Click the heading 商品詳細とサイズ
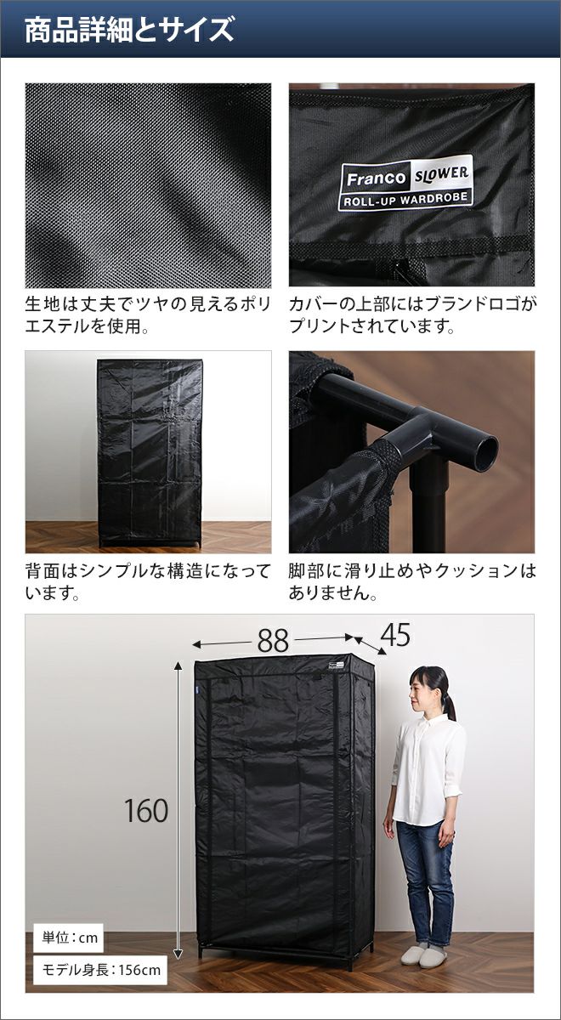coord(129,30)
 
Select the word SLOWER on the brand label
coord(441,173)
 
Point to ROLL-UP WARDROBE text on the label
coord(405,199)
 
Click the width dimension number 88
coord(273,641)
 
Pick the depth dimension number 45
coord(394,635)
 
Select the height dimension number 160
coord(145,811)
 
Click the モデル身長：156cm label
coord(100,970)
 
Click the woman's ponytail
coord(450,705)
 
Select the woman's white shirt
coord(428,770)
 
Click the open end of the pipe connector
coord(485,454)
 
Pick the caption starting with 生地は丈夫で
coord(148,314)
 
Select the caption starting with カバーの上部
coord(412,314)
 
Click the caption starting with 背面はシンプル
coord(148,582)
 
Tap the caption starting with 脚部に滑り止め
coord(412,582)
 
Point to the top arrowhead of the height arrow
coord(178,666)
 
